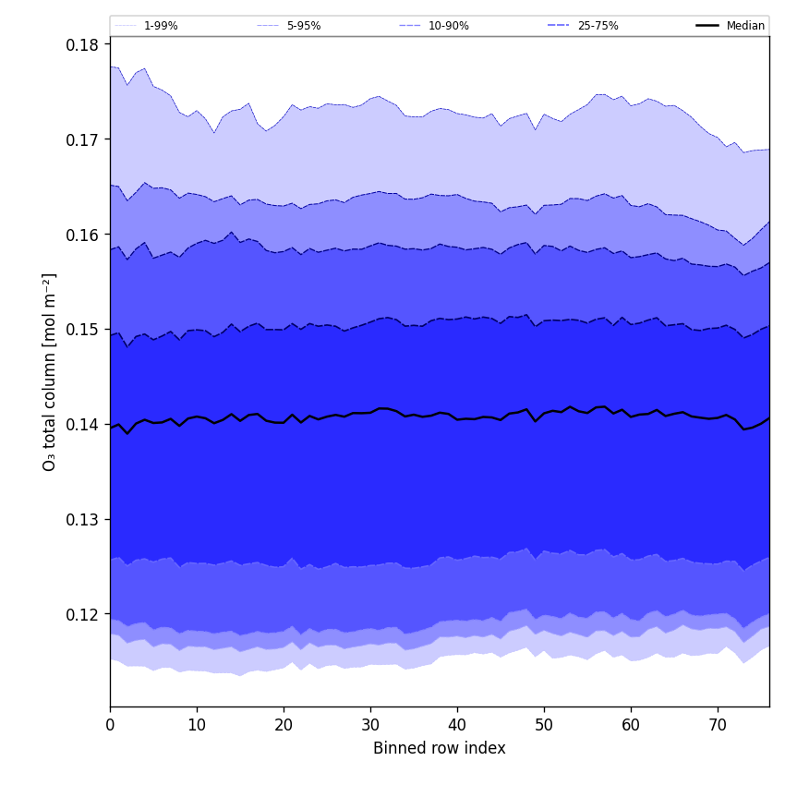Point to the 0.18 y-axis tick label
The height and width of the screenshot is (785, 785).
pos(83,44)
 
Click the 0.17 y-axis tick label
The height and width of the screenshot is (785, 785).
pos(83,139)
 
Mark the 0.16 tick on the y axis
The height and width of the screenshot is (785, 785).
pos(83,235)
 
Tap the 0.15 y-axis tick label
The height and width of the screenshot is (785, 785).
pos(83,330)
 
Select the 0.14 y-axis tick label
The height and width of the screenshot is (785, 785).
pos(83,425)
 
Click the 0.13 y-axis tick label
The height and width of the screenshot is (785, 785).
pos(83,520)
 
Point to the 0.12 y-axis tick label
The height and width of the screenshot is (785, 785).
pos(83,615)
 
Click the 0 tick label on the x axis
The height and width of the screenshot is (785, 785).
pos(110,725)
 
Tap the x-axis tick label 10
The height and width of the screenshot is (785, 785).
pos(197,725)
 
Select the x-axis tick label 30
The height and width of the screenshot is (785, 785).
pos(370,725)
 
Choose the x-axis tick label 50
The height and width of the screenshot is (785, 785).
pos(544,725)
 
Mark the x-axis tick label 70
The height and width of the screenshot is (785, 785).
pos(718,725)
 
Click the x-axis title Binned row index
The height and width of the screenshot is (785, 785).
pos(440,749)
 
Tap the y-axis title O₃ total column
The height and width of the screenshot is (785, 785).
pos(50,372)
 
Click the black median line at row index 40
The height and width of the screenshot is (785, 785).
pos(457,419)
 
